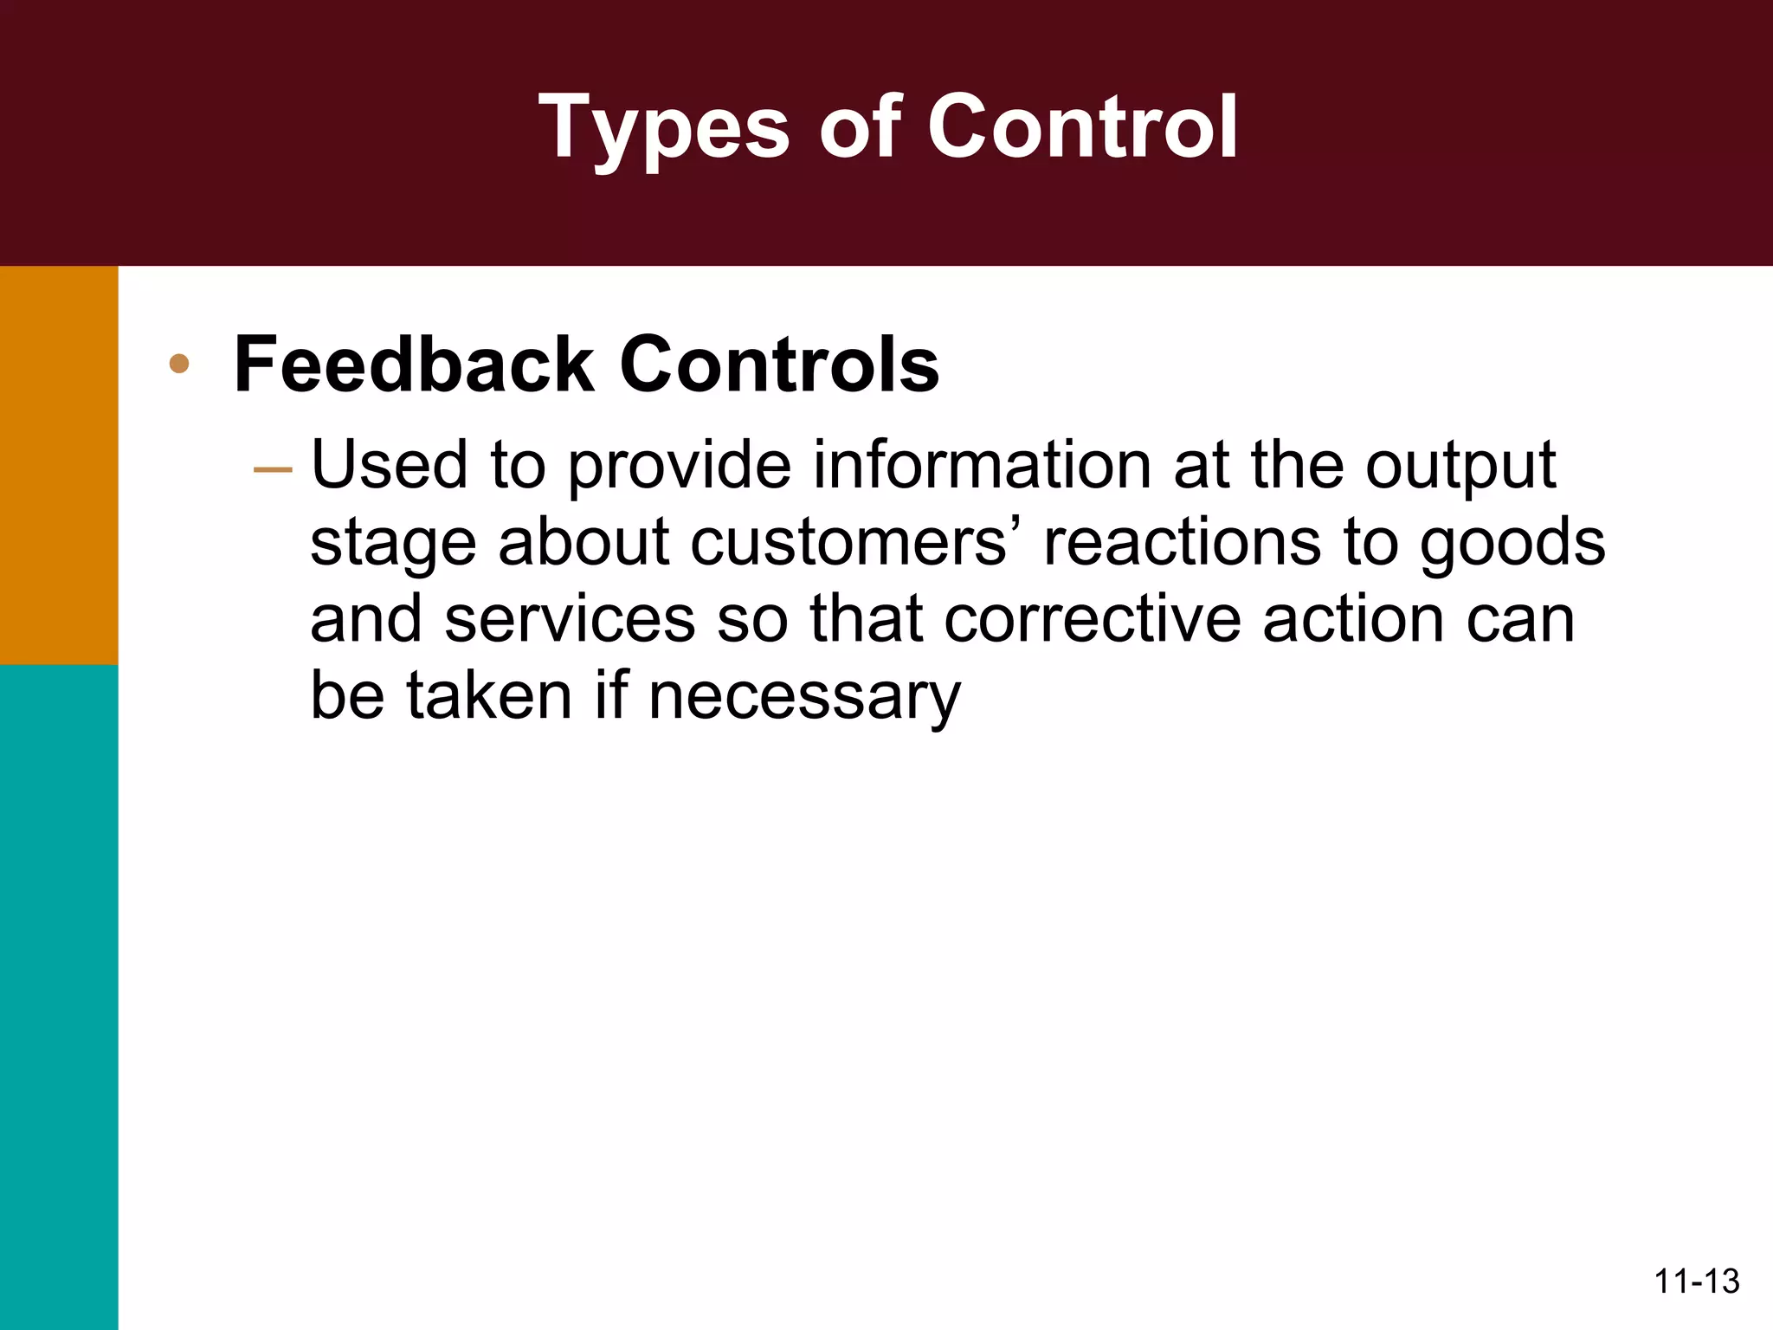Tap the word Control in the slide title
coord(1082,127)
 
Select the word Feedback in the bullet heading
coord(414,365)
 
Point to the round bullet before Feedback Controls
coord(179,364)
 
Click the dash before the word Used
coord(273,470)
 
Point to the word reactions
coord(1183,543)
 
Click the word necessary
coord(804,697)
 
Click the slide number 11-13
coord(1696,1282)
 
